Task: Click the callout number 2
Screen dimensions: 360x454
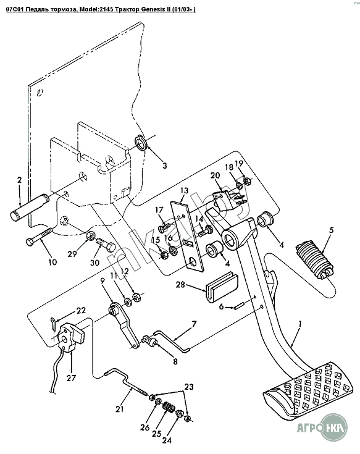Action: pyautogui.click(x=19, y=180)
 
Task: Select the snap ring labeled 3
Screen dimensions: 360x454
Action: pyautogui.click(x=141, y=143)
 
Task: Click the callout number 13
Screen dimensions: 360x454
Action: pyautogui.click(x=184, y=190)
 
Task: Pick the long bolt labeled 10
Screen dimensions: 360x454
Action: pyautogui.click(x=40, y=237)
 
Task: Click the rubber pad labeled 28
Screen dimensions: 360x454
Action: pyautogui.click(x=222, y=287)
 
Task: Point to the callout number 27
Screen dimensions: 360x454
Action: pyautogui.click(x=72, y=377)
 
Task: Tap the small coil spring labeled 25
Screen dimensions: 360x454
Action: pyautogui.click(x=168, y=407)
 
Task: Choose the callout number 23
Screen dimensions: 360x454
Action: pyautogui.click(x=189, y=386)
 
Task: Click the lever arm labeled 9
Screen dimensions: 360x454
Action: pyautogui.click(x=125, y=324)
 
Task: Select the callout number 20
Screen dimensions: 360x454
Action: pyautogui.click(x=215, y=175)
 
